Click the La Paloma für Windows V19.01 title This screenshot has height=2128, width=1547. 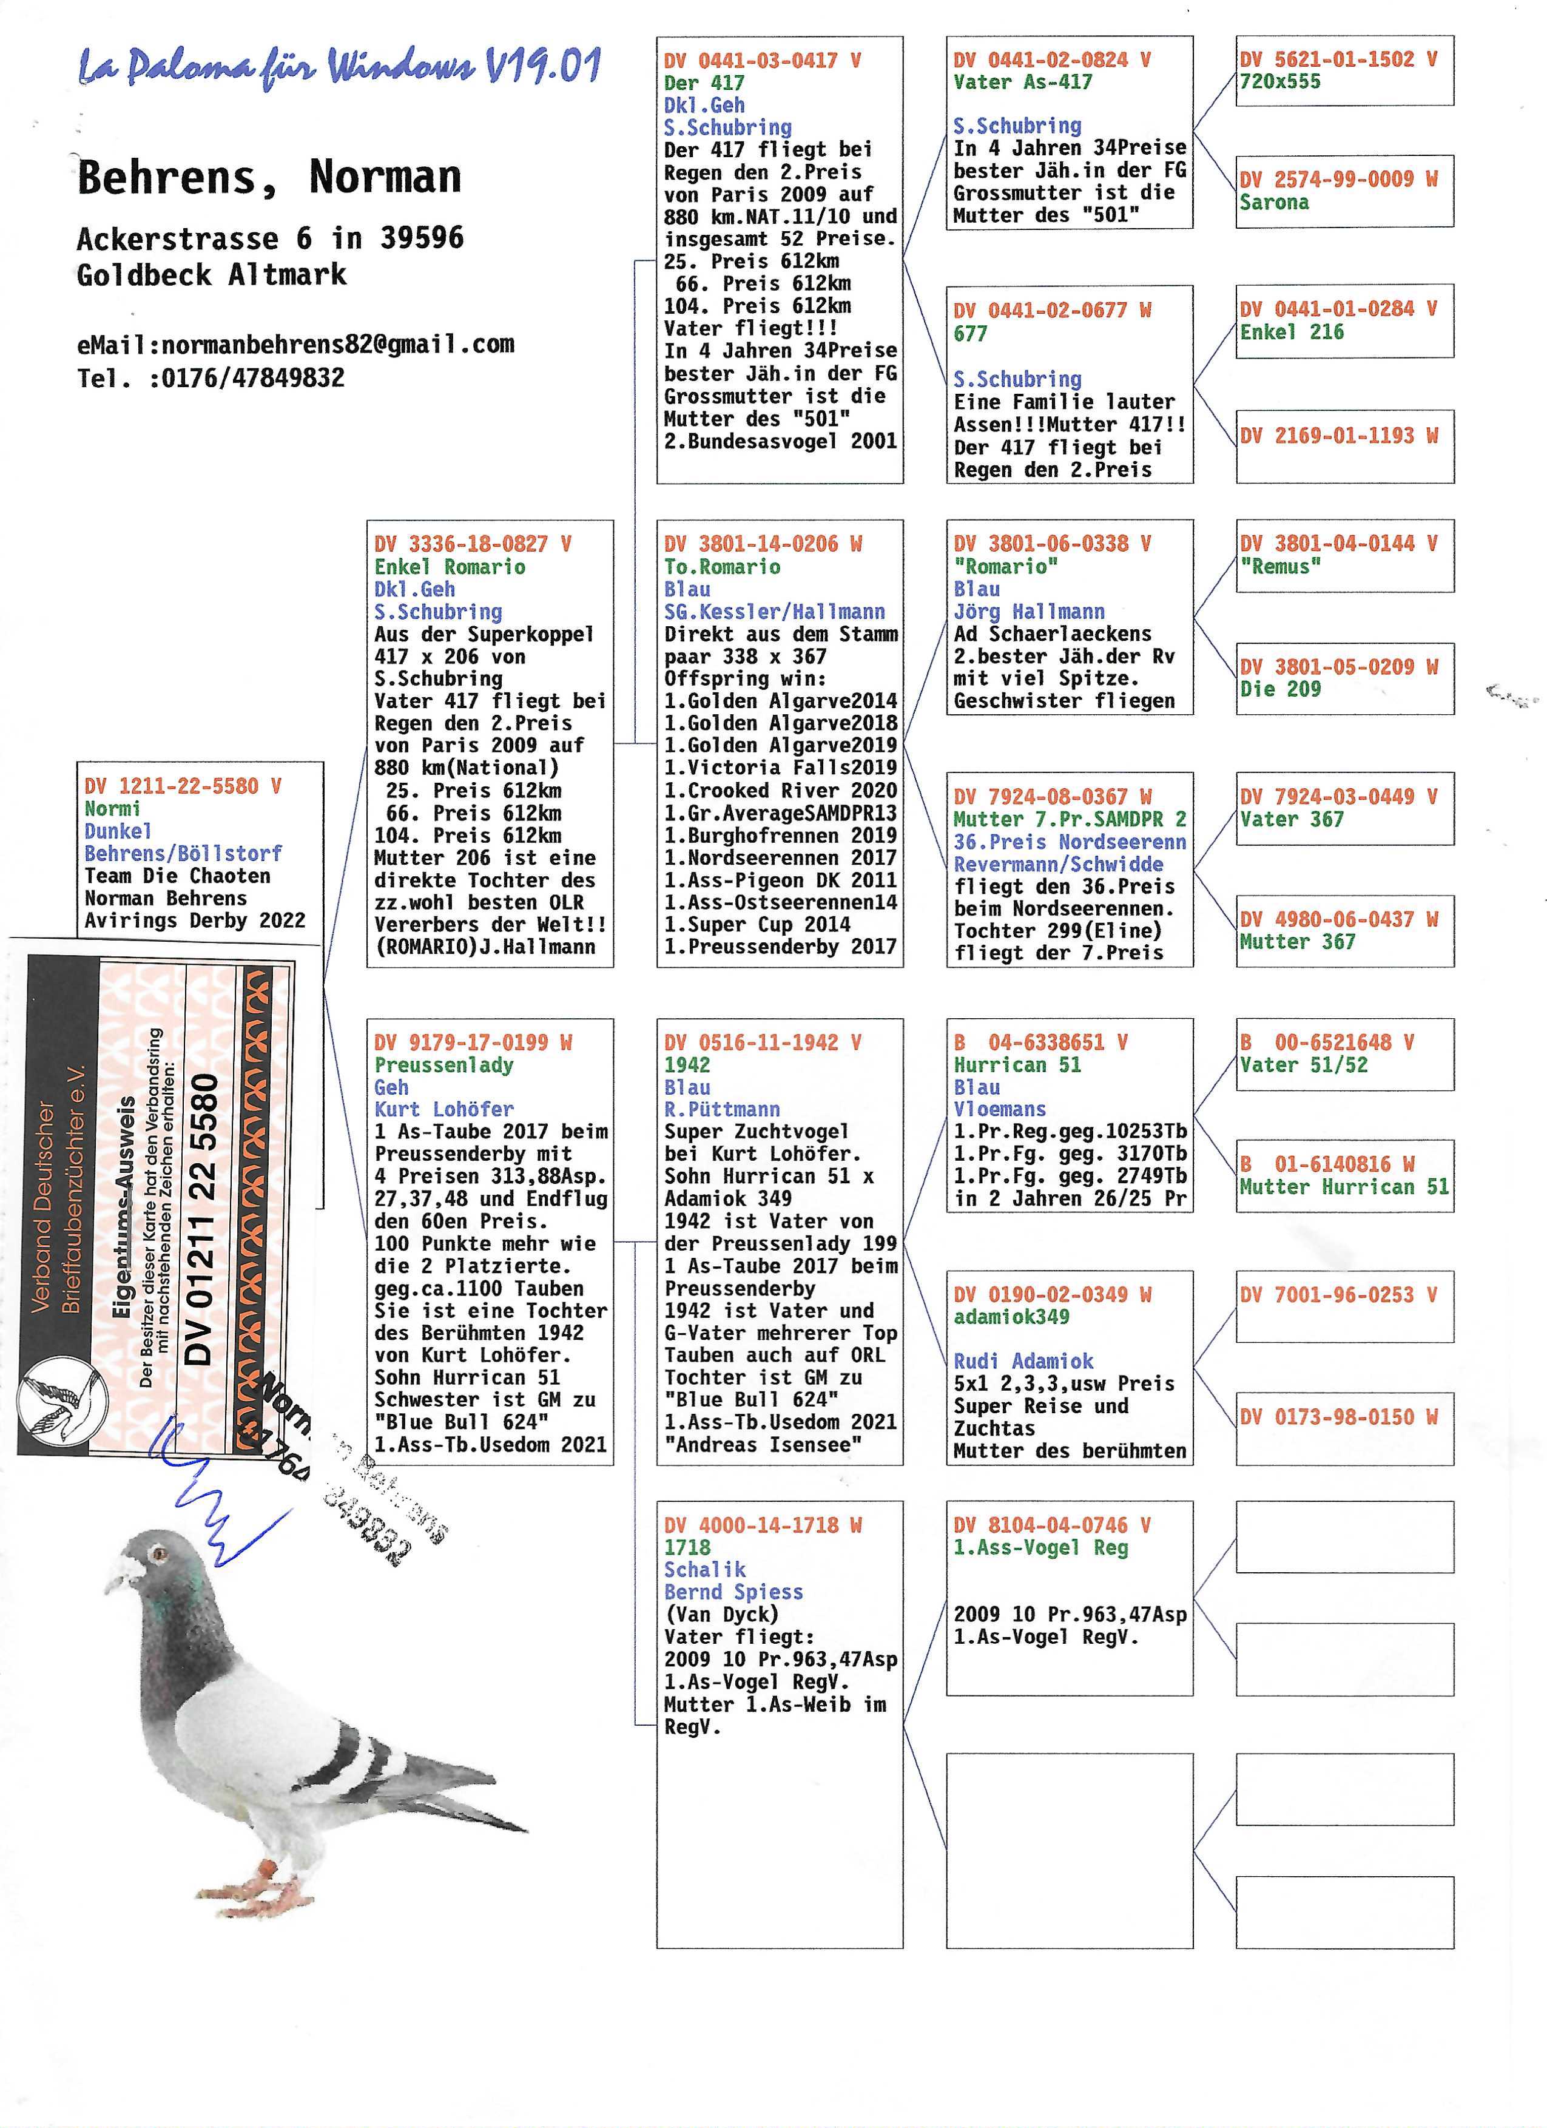(340, 67)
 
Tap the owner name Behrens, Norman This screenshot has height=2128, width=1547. (269, 177)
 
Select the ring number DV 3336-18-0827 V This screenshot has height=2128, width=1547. (473, 544)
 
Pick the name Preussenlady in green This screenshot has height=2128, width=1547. (443, 1065)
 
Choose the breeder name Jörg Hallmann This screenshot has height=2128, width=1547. (1029, 612)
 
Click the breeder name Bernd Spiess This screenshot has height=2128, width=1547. (733, 1592)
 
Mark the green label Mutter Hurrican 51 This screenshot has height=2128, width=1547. (1343, 1187)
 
